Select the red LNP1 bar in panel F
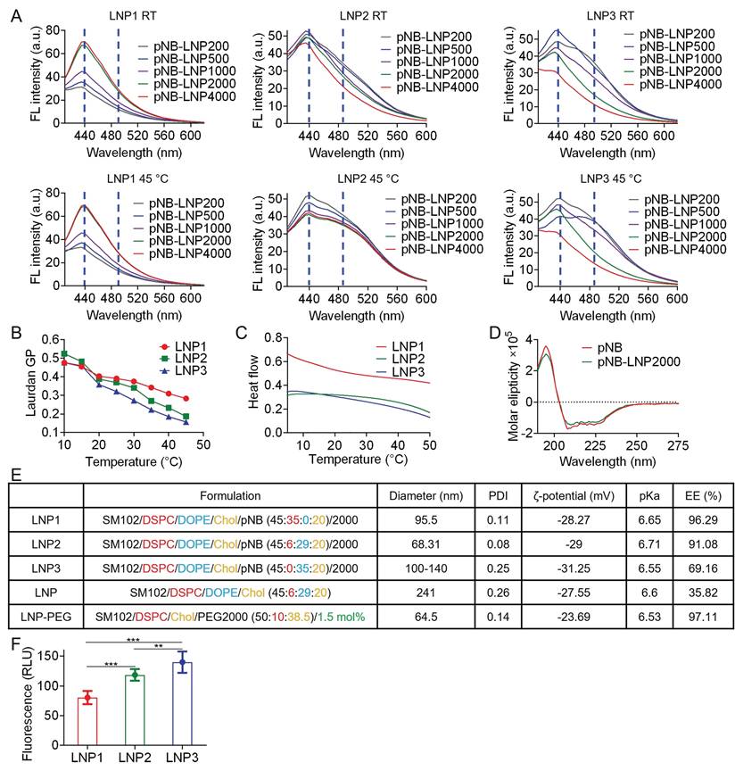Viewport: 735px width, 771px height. [87, 721]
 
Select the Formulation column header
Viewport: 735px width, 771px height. [229, 494]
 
